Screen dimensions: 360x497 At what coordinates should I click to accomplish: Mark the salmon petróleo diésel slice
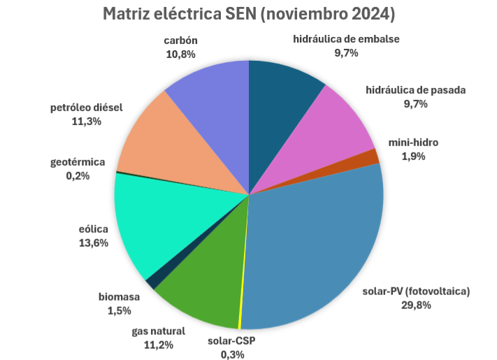tap(161, 140)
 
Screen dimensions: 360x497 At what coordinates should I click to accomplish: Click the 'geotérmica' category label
tap(78, 162)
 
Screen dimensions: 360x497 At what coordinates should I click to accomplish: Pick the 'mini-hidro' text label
tap(414, 143)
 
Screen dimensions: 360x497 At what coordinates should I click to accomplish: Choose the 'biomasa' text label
tap(119, 296)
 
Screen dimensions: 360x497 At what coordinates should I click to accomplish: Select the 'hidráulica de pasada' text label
tap(415, 90)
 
